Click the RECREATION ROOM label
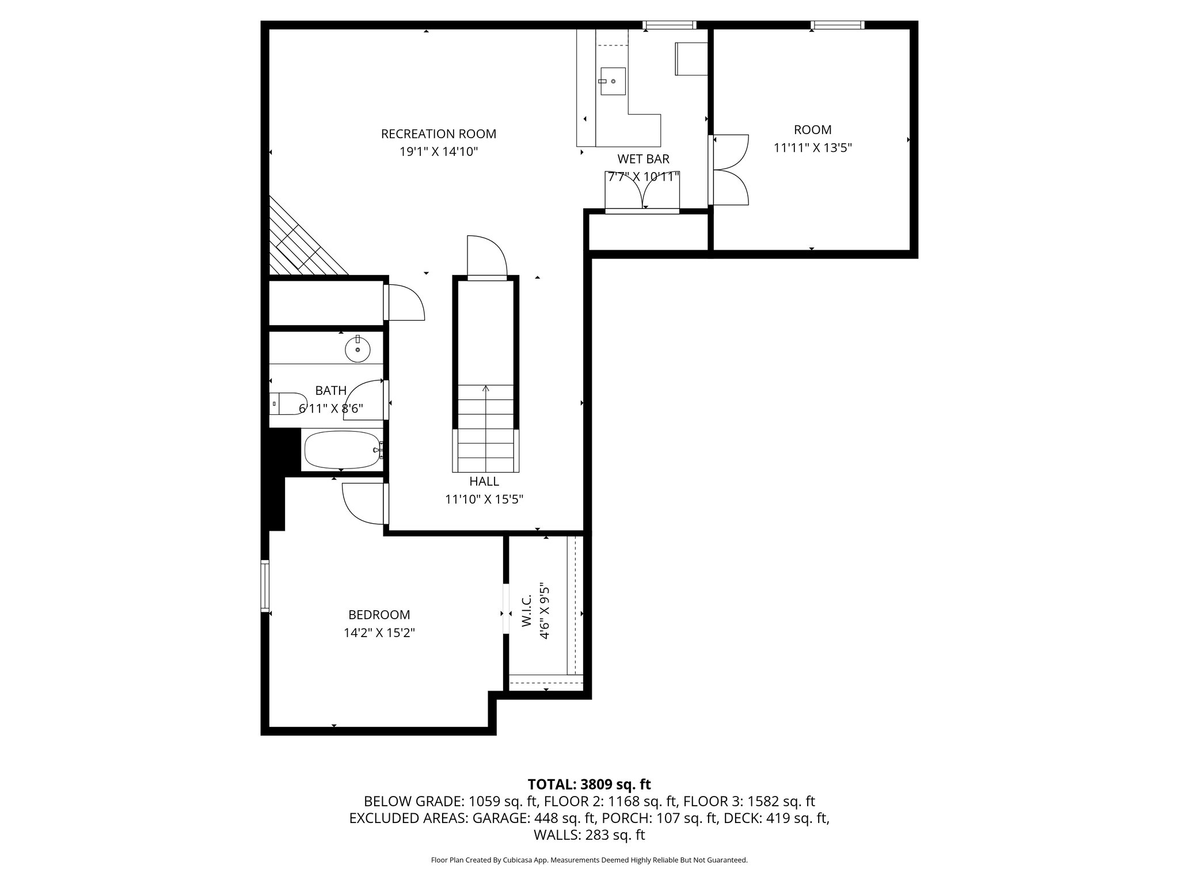pos(438,134)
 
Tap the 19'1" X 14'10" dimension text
pos(439,152)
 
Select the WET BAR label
pos(643,159)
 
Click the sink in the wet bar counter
pos(613,82)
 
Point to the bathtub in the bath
pos(340,450)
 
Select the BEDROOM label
pos(379,615)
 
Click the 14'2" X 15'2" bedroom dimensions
pos(379,633)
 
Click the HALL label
pos(484,481)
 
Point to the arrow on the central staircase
pos(486,389)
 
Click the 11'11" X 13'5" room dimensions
pos(812,148)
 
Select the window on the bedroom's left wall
pos(265,586)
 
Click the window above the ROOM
pos(838,25)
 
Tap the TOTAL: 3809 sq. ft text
pos(589,784)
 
